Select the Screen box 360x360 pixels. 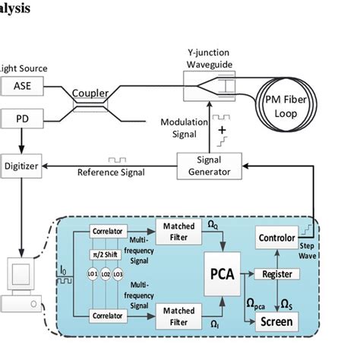pyautogui.click(x=276, y=321)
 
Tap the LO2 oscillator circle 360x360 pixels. pyautogui.click(x=106, y=272)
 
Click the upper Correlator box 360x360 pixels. pyautogui.click(x=106, y=230)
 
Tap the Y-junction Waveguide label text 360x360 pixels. pyautogui.click(x=211, y=59)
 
